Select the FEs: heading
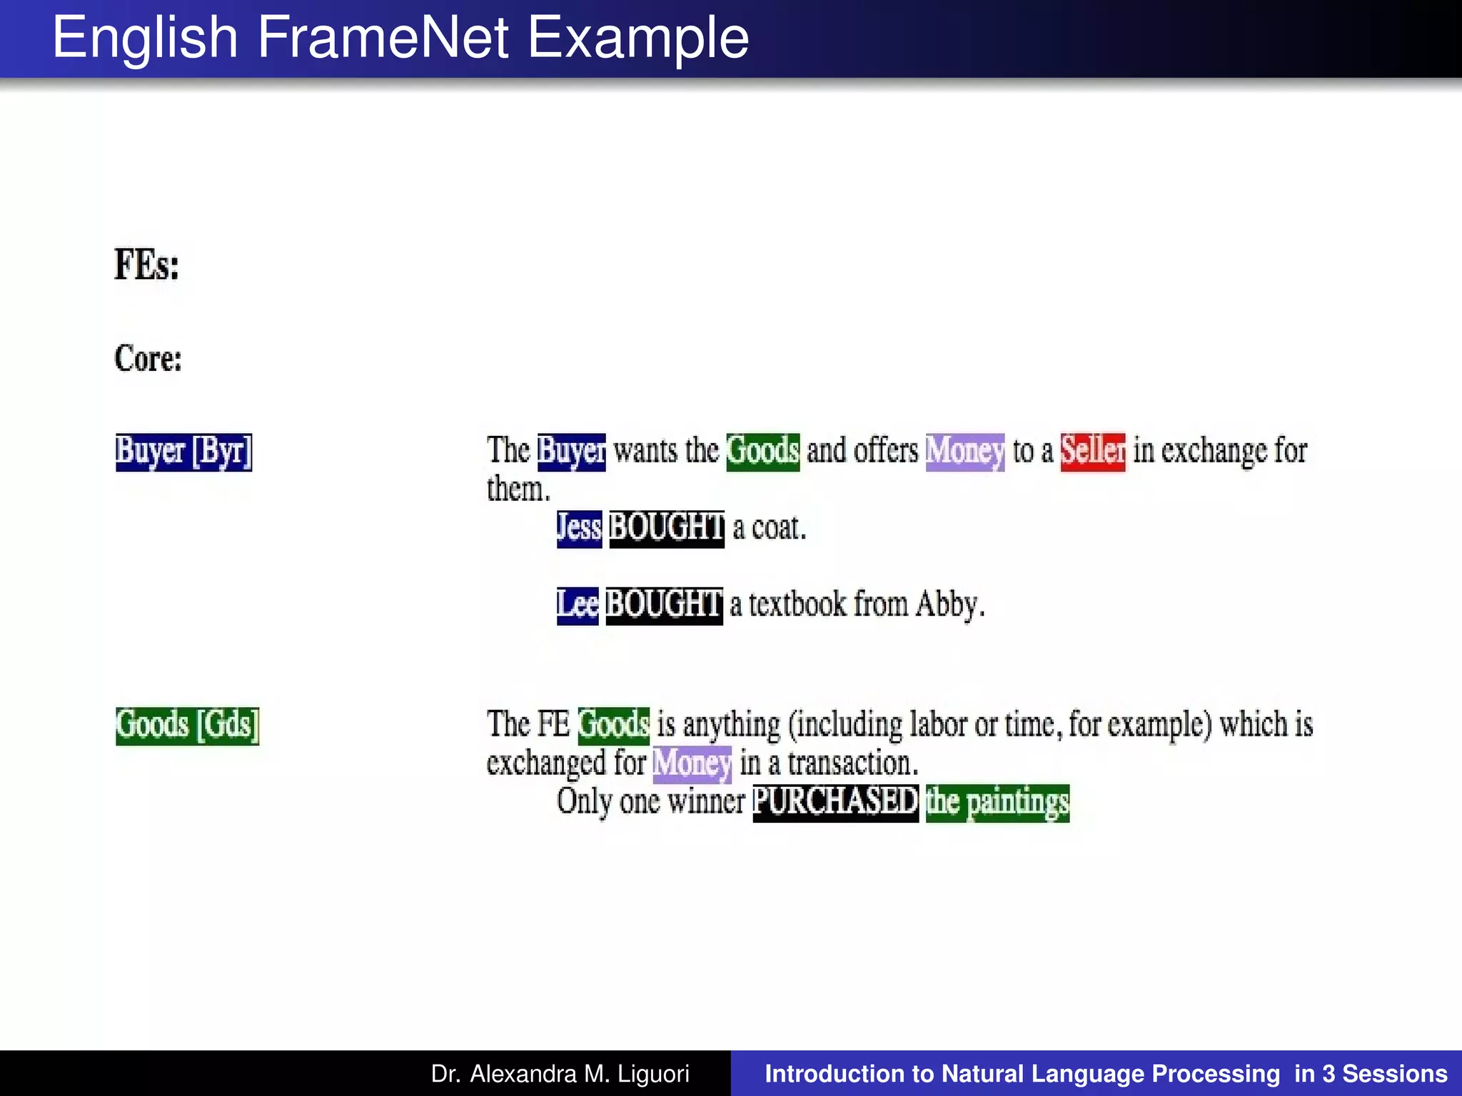(x=146, y=265)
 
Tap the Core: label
(x=148, y=358)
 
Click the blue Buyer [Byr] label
(x=183, y=452)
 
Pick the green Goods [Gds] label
(x=187, y=725)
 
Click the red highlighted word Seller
(x=1092, y=452)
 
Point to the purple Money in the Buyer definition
(x=964, y=452)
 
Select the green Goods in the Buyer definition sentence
(x=762, y=452)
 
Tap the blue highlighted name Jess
(x=579, y=528)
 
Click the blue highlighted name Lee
(x=577, y=605)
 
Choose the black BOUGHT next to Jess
(x=667, y=528)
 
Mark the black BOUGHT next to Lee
(x=664, y=605)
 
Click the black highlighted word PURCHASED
(x=835, y=802)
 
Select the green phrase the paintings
(x=997, y=802)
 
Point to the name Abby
(x=949, y=605)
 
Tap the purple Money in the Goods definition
(x=692, y=763)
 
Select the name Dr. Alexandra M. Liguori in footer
(x=560, y=1074)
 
